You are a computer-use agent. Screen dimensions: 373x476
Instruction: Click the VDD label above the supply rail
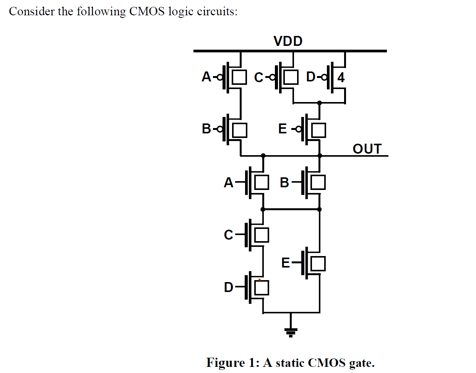(x=288, y=41)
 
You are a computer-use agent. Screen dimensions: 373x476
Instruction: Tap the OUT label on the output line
(x=367, y=149)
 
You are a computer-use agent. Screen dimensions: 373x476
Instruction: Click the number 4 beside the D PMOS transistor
(x=341, y=78)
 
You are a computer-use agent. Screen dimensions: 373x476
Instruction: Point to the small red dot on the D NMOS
(x=260, y=280)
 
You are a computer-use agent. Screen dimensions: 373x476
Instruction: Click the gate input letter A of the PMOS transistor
(x=206, y=77)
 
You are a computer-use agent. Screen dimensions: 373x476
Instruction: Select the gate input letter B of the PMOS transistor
(x=206, y=129)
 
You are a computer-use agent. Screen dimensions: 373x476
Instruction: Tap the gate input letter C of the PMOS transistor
(x=259, y=78)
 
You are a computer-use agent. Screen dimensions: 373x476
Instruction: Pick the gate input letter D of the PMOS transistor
(x=311, y=77)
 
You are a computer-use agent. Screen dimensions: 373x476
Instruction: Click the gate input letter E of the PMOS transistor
(x=283, y=129)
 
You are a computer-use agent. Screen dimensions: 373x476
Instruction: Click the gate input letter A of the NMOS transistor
(x=229, y=183)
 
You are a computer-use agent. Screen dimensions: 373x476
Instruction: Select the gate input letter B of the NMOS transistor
(x=284, y=183)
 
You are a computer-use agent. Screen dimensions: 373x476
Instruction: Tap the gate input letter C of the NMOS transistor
(x=229, y=235)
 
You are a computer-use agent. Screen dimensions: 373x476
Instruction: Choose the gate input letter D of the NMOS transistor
(x=229, y=287)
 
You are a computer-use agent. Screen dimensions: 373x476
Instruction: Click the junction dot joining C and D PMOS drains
(x=320, y=103)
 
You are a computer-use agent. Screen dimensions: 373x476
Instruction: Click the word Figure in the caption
(x=225, y=362)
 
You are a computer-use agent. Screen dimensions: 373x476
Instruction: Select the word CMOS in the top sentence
(x=147, y=11)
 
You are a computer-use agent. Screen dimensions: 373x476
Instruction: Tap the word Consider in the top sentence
(x=32, y=11)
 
